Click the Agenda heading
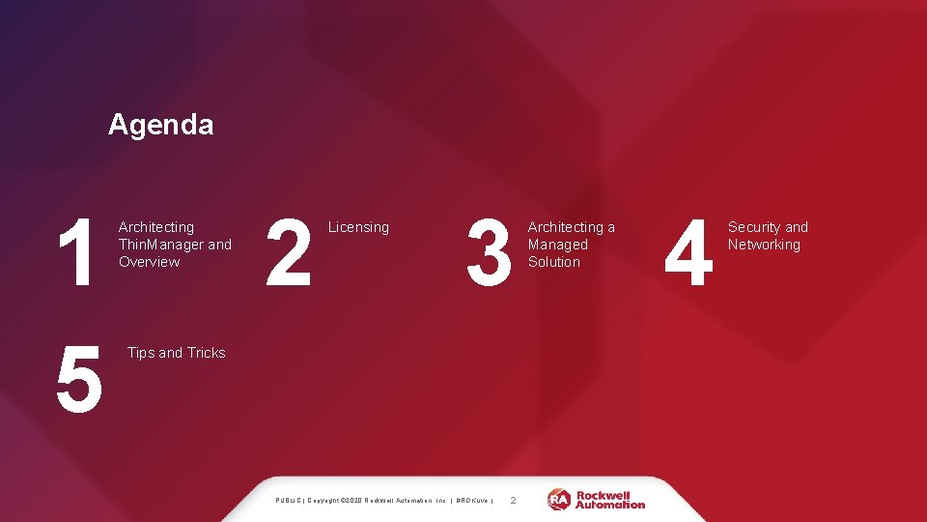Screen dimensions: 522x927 point(160,125)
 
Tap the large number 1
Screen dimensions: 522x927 point(74,253)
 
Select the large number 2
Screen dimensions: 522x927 point(289,253)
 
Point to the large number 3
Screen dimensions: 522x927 point(489,253)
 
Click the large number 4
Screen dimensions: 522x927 point(690,253)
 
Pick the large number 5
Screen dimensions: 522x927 point(79,379)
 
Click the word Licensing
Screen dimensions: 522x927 point(358,227)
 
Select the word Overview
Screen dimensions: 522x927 point(149,262)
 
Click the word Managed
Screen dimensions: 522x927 point(557,245)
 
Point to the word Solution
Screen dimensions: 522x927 point(554,262)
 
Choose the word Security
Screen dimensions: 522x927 point(754,227)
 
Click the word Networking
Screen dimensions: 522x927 point(764,245)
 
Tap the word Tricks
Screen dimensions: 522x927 point(206,353)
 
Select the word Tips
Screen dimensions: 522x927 point(140,353)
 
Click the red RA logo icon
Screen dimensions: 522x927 point(559,499)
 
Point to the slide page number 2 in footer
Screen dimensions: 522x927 point(513,500)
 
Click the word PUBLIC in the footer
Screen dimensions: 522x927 point(289,501)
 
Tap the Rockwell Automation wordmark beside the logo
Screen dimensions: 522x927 point(610,499)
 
